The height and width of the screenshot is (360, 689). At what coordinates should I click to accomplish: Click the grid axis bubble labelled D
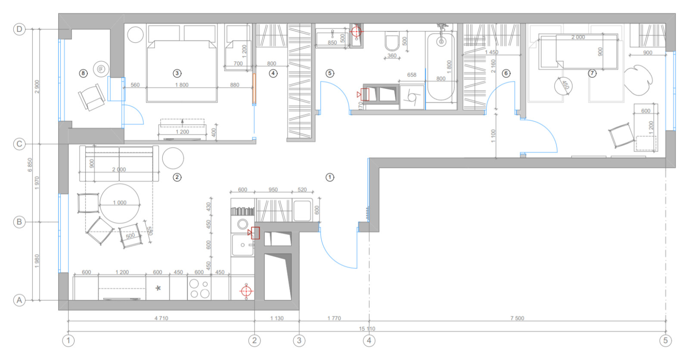point(19,29)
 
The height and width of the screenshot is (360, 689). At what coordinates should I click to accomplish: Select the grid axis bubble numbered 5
point(665,341)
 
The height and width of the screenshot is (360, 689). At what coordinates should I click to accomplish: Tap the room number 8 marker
point(83,73)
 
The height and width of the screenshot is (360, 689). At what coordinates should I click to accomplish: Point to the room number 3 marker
point(177,73)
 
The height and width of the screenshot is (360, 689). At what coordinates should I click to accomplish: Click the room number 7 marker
point(593,73)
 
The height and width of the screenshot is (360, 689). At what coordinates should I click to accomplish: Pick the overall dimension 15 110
point(367,329)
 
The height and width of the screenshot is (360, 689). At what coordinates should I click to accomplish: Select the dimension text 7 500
point(517,318)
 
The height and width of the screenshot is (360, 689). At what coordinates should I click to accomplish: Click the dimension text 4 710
point(161,318)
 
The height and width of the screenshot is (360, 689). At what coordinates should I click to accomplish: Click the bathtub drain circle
point(441,42)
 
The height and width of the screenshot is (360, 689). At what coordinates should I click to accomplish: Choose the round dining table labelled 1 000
point(120,203)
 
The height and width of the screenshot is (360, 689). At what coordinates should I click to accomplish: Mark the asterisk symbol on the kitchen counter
point(158,288)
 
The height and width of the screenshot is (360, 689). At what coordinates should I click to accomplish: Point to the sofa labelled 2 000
point(119,164)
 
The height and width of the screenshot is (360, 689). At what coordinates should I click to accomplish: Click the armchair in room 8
point(92,97)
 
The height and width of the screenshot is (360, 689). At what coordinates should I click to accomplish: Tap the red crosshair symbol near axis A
point(246,292)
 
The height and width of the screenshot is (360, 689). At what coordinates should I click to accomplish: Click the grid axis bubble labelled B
point(19,222)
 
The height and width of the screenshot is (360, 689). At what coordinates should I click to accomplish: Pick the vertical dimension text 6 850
point(30,164)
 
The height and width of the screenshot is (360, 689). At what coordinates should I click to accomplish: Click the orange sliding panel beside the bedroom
point(254,89)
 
